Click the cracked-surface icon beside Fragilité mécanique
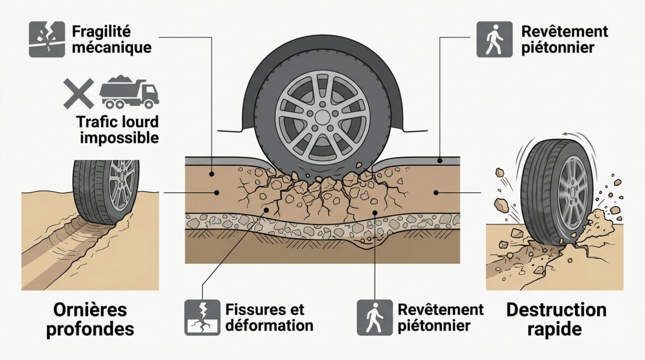[47, 39]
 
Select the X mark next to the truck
[79, 93]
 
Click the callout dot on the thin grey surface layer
[440, 160]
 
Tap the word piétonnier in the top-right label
[558, 48]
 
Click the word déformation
[270, 325]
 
